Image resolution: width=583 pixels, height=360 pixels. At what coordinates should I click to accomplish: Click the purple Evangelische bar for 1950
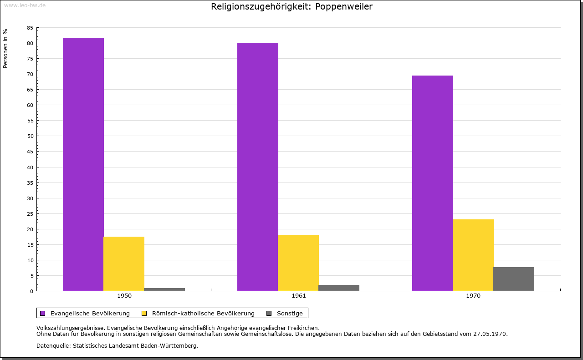tap(83, 164)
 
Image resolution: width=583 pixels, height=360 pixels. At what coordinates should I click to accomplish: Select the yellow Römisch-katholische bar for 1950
tap(124, 264)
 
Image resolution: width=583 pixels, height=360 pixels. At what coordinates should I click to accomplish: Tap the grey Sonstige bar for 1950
tap(164, 289)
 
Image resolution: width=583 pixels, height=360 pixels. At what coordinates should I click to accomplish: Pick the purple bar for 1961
tap(258, 167)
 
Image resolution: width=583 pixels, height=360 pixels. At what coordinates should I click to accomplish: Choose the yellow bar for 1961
tap(298, 263)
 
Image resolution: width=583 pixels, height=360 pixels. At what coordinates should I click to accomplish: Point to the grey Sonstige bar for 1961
tap(339, 288)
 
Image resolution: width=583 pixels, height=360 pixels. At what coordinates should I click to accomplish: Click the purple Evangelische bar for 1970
tap(433, 183)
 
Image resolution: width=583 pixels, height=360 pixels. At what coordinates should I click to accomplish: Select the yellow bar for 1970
tap(473, 255)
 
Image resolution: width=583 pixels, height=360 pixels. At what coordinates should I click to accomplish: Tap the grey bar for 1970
tap(514, 279)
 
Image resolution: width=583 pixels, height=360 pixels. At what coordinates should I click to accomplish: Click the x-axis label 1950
tap(124, 296)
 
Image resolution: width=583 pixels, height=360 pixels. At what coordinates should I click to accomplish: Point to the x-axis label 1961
tap(299, 296)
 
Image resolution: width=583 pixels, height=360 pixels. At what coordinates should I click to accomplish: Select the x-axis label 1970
tap(473, 296)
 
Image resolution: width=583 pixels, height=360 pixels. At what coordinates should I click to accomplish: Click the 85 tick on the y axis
tap(30, 28)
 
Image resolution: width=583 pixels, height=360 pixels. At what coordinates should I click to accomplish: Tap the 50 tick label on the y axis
tap(30, 136)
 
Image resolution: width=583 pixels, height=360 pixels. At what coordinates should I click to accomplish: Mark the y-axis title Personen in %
tap(5, 48)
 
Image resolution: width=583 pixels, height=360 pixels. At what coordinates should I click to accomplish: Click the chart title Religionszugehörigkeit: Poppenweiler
tap(291, 7)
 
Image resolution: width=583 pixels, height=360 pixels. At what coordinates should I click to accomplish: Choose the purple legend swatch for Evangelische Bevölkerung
tap(43, 313)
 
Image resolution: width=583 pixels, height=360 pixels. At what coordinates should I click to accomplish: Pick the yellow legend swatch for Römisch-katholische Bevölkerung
tap(144, 313)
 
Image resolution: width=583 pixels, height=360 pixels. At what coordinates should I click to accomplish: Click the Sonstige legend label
tap(290, 314)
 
